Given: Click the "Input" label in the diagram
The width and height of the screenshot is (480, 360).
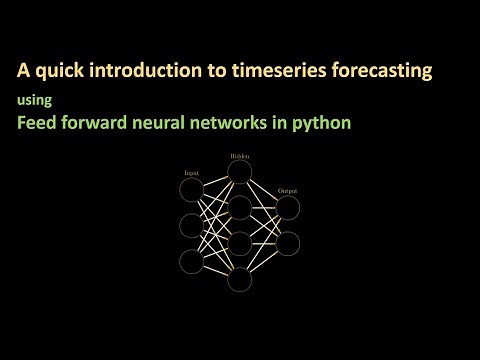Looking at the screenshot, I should tap(190, 174).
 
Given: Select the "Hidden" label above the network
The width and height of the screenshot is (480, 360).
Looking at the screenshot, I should tap(238, 156).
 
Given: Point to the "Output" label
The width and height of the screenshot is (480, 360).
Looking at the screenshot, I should tap(288, 190).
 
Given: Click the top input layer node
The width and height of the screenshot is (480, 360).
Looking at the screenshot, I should tap(191, 189).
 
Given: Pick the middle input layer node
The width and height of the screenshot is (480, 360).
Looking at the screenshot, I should tap(191, 225).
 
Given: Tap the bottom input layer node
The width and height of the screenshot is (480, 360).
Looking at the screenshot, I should tap(191, 261).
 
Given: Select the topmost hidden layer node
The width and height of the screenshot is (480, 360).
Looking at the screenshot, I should tap(239, 172).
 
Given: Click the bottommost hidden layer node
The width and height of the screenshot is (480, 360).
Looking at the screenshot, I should tap(239, 279).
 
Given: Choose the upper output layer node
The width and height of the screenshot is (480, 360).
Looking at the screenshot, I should tap(288, 207).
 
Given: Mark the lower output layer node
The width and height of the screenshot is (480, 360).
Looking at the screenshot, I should tap(288, 243).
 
